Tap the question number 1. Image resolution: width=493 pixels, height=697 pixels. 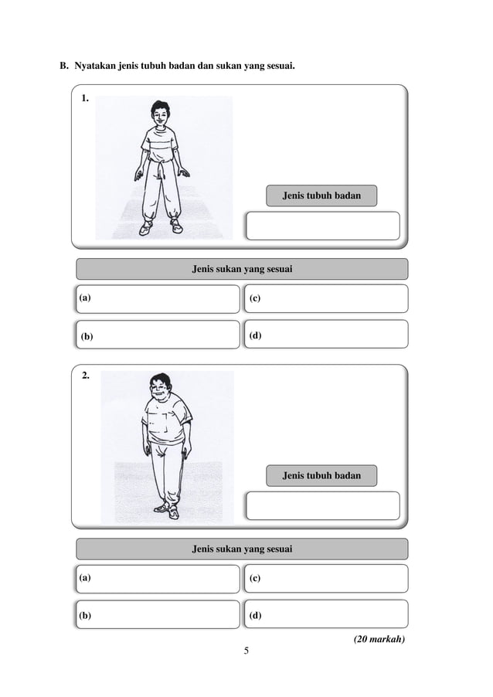click(x=85, y=99)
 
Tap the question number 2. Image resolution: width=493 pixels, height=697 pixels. click(x=85, y=376)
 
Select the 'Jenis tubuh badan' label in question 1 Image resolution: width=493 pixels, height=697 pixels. click(x=321, y=196)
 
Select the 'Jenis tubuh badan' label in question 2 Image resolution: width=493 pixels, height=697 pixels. click(x=321, y=475)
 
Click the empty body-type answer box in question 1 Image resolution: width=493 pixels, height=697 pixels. click(x=322, y=226)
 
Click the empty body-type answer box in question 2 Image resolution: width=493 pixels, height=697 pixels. click(x=322, y=505)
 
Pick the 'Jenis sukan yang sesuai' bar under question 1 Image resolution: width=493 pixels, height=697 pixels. click(x=242, y=269)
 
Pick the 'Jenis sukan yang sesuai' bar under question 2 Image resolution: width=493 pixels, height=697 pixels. click(x=242, y=549)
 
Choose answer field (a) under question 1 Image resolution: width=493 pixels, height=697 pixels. click(x=158, y=298)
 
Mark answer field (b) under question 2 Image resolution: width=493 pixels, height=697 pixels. click(x=158, y=615)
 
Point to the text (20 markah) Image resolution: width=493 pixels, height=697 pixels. click(x=379, y=639)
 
